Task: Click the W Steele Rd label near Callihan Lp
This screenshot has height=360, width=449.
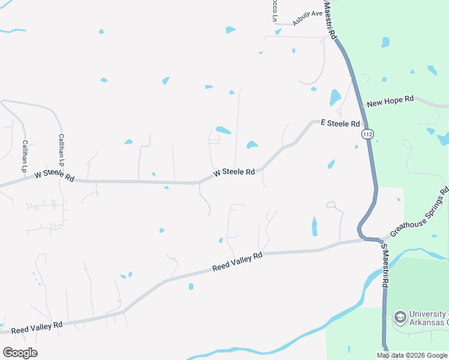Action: pyautogui.click(x=54, y=176)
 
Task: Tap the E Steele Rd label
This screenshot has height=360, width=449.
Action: pyautogui.click(x=340, y=123)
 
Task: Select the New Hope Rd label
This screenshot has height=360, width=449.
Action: pyautogui.click(x=390, y=101)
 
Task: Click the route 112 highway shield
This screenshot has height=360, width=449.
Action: pyautogui.click(x=367, y=135)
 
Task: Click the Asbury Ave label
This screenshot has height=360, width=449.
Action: pyautogui.click(x=307, y=19)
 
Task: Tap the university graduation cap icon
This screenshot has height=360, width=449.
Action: pyautogui.click(x=400, y=316)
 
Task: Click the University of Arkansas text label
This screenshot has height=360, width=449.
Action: pyautogui.click(x=428, y=319)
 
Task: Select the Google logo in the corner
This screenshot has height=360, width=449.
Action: pyautogui.click(x=20, y=352)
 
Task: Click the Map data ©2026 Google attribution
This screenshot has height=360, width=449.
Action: pyautogui.click(x=411, y=355)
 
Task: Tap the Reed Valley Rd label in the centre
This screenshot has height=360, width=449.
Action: pyautogui.click(x=238, y=262)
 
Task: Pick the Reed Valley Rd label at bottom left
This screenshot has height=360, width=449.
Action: pyautogui.click(x=37, y=328)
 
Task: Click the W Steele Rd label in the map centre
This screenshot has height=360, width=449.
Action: pyautogui.click(x=234, y=172)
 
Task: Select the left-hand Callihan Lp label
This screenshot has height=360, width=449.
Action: pyautogui.click(x=25, y=157)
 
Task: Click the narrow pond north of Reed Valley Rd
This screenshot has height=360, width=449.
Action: pyautogui.click(x=315, y=226)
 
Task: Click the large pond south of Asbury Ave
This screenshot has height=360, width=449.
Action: pyautogui.click(x=335, y=97)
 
